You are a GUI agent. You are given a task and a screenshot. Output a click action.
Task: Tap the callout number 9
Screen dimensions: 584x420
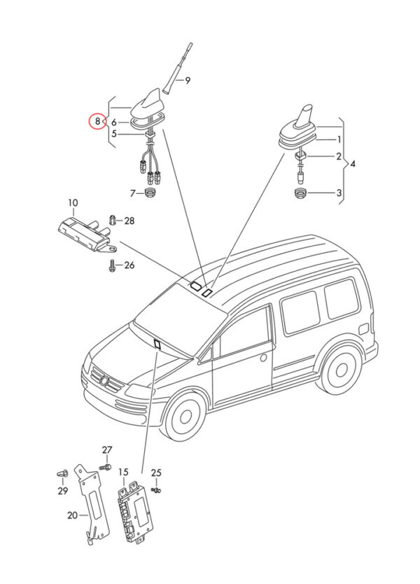188,81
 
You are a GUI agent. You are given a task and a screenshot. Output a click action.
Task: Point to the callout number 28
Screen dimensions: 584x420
129,221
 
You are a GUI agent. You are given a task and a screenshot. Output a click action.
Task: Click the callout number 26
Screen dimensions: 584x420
129,265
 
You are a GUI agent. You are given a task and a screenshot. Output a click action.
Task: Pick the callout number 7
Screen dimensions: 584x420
131,192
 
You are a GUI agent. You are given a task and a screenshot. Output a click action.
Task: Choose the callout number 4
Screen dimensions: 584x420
353,164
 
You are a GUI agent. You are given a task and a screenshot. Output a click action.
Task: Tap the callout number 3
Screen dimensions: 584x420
339,193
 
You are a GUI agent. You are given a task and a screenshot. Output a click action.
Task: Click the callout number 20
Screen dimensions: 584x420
72,515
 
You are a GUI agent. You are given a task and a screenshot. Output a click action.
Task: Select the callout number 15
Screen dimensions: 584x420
123,473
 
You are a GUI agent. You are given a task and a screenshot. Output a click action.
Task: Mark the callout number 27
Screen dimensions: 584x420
107,450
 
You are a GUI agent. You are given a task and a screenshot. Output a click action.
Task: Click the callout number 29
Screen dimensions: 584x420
63,491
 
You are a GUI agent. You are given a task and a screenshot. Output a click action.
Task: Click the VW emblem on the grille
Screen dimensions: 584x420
104,382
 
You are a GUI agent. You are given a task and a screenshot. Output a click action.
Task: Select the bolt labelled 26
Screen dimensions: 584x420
111,265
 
